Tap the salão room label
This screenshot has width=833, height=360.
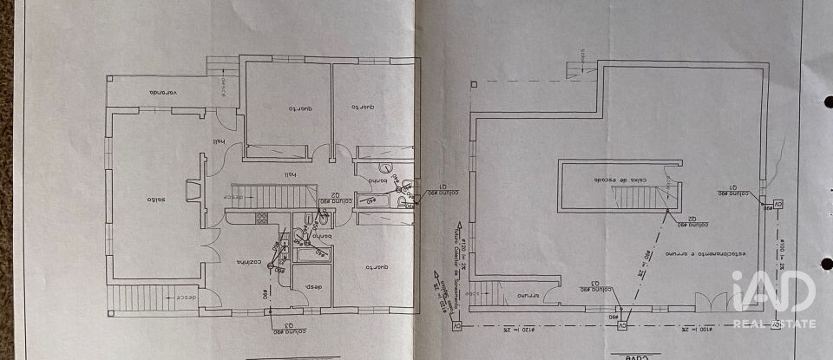click(x=155, y=200)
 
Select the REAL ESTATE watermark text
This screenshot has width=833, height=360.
click(x=774, y=324)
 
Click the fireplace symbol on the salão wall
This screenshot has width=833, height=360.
click(x=193, y=191)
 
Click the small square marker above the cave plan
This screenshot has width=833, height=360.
click(x=474, y=84)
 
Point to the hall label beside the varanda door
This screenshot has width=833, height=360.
click(x=218, y=144)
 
